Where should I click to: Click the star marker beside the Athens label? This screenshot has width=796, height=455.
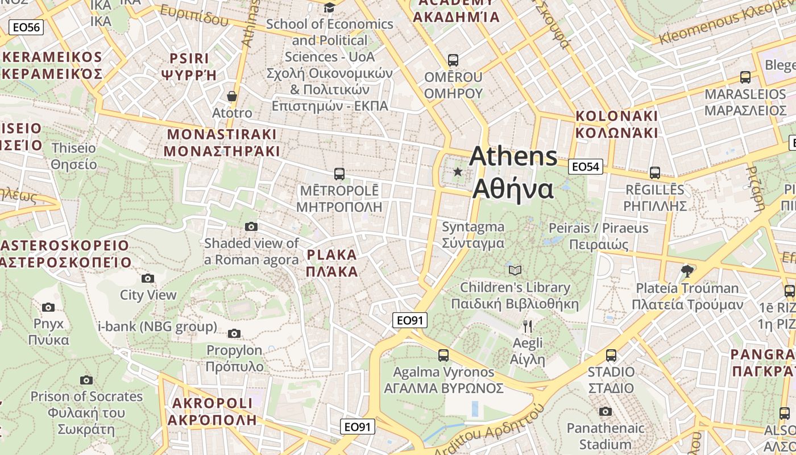[458, 171]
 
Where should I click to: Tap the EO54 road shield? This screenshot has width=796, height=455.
[585, 167]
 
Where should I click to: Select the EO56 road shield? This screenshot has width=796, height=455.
[26, 27]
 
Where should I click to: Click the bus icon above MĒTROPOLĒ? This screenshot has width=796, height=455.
[339, 174]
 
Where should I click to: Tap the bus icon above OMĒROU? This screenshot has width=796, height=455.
[453, 60]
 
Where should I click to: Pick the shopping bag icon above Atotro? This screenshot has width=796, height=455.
[231, 96]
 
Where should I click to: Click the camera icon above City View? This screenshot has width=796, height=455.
[148, 278]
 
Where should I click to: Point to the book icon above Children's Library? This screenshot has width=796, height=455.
[515, 270]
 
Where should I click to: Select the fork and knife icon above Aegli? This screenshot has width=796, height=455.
[528, 326]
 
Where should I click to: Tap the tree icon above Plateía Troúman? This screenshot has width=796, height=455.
[687, 271]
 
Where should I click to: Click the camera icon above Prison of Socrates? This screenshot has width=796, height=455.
[86, 380]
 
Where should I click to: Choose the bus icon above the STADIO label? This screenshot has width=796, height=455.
[611, 355]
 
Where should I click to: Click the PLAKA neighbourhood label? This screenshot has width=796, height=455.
[332, 263]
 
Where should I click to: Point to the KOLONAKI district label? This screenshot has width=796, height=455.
[617, 124]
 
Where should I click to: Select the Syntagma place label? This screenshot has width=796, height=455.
[473, 235]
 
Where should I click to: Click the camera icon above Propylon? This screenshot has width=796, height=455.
[234, 333]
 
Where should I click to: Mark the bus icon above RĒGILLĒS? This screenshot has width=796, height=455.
[655, 173]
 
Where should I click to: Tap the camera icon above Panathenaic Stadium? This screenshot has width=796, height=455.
[606, 411]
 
